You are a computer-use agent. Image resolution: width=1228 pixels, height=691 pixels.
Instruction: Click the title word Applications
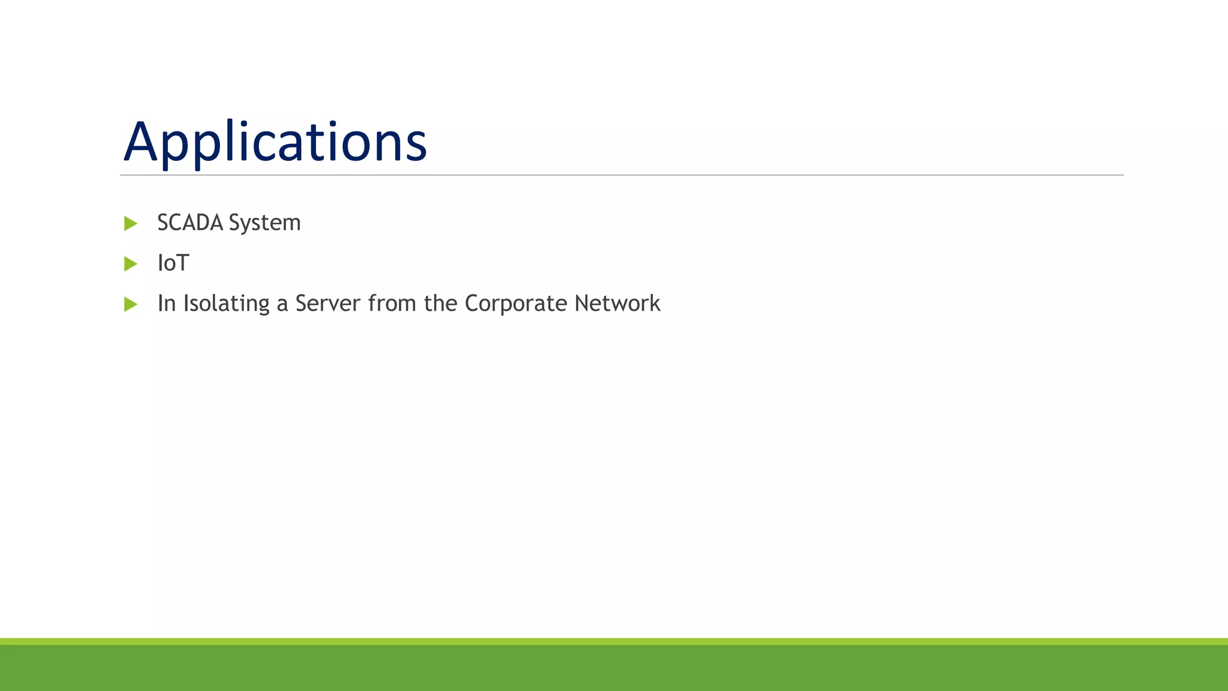click(275, 142)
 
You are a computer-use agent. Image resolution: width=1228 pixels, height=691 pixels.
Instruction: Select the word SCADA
click(190, 223)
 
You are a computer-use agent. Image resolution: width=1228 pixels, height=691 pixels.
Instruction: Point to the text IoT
click(173, 263)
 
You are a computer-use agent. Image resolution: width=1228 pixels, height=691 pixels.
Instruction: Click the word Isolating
click(226, 304)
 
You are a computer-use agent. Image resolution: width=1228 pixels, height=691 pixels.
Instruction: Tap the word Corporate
click(516, 304)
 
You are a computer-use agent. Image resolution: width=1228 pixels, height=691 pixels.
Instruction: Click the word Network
click(617, 304)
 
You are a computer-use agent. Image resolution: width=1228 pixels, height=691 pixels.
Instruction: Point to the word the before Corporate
click(441, 304)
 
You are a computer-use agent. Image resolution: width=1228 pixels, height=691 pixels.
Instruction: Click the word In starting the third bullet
click(166, 304)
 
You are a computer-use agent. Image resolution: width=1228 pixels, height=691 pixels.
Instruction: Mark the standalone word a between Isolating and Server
click(282, 305)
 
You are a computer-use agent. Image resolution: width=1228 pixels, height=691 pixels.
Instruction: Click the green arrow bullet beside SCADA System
click(130, 224)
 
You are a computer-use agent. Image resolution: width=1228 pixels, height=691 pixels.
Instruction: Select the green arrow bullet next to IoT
click(130, 264)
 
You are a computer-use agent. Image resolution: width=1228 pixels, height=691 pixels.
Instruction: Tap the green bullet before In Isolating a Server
click(130, 304)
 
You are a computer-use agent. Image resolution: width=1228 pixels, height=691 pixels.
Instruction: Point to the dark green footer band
click(614, 668)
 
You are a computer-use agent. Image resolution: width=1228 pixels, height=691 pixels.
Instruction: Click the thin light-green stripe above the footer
click(614, 641)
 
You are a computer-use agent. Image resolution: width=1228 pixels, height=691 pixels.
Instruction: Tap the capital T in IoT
click(182, 263)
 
